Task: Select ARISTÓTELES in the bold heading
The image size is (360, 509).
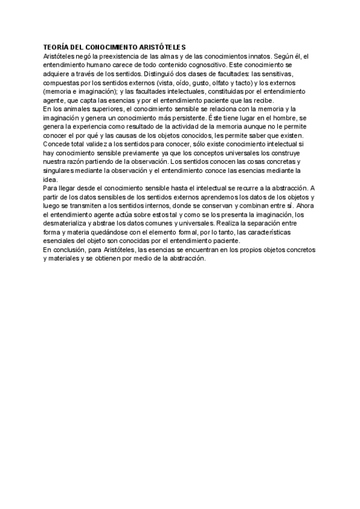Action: [x=163, y=47]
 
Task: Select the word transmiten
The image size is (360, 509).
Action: [x=83, y=206]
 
